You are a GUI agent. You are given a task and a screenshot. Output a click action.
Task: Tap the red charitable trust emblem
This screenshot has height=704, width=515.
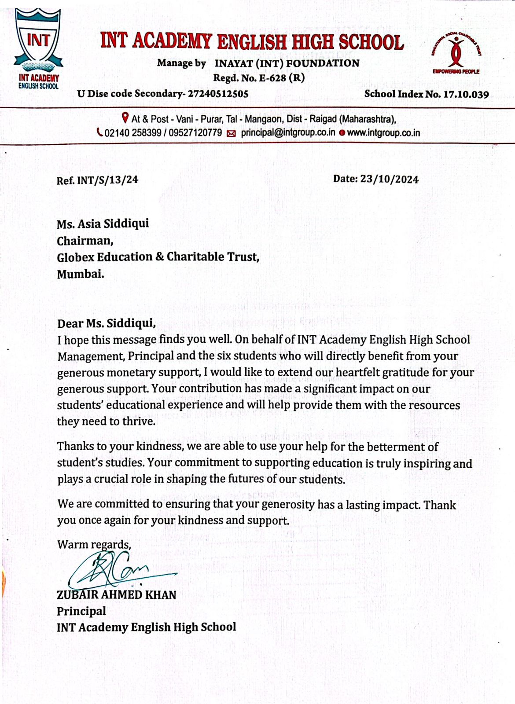point(456,52)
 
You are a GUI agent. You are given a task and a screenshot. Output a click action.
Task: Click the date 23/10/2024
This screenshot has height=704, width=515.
point(389,179)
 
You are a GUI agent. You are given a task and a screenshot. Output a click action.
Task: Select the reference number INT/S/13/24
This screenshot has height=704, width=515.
point(107,180)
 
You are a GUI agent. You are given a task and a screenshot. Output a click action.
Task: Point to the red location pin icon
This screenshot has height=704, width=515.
point(125,118)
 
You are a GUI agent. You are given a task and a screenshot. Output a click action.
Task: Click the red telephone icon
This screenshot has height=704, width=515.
point(100,132)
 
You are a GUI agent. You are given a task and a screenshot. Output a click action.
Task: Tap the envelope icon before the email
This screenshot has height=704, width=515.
point(231,133)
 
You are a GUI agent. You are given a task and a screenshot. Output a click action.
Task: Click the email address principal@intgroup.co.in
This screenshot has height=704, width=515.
point(288,132)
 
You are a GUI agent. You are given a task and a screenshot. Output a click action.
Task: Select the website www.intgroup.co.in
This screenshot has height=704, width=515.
point(383,132)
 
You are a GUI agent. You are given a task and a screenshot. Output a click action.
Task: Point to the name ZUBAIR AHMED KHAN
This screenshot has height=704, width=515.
point(116,595)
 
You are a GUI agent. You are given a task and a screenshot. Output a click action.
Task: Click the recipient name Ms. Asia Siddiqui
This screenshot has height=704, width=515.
point(103,224)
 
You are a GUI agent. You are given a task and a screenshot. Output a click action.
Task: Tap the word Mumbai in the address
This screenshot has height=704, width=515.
point(81,274)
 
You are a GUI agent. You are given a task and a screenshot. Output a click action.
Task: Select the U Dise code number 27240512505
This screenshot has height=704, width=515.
point(218,94)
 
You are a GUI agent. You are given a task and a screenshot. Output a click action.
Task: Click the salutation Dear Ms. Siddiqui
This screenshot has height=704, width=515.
point(106,323)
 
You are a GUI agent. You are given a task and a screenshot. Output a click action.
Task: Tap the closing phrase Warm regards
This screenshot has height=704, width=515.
point(94,545)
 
